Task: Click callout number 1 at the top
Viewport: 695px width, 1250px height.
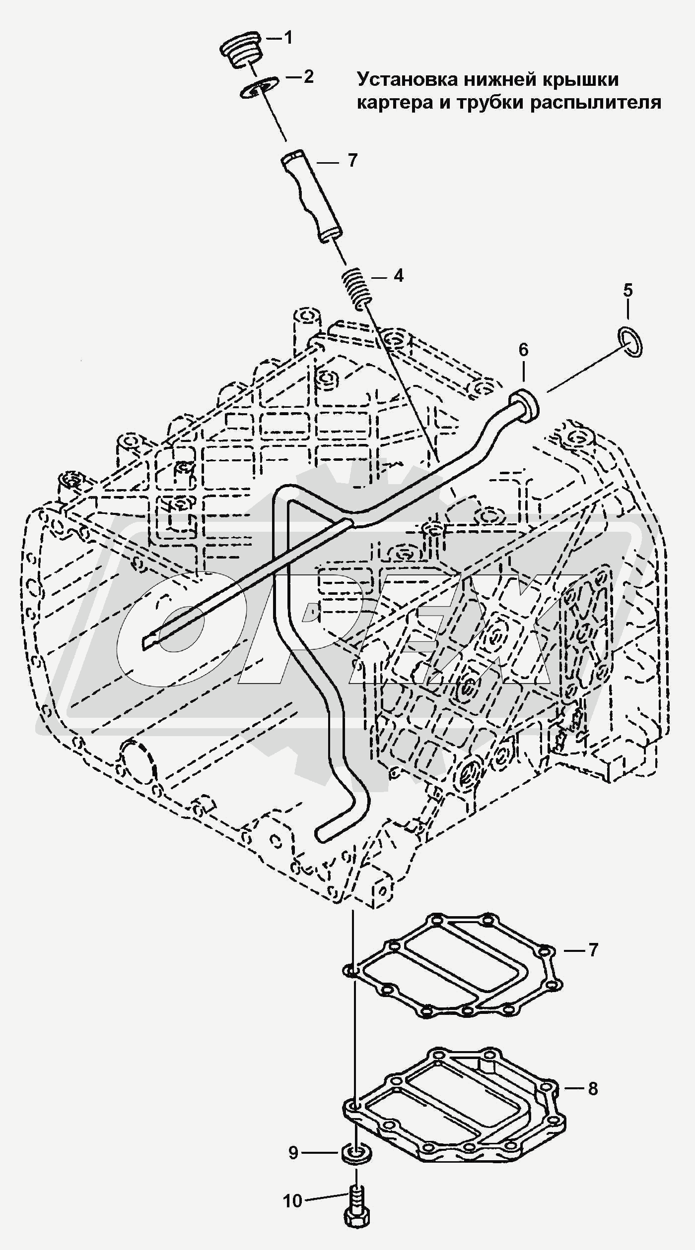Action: coord(288,38)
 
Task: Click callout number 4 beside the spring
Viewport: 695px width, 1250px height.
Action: coord(399,276)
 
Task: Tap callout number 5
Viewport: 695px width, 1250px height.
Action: coord(628,290)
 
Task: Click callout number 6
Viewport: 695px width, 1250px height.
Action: coord(524,350)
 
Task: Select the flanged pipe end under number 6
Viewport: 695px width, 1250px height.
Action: coord(524,403)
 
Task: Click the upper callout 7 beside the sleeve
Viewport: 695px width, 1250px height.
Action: coord(352,161)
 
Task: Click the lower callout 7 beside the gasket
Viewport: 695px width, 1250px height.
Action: coord(593,950)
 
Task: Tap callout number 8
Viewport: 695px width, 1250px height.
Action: coord(593,1089)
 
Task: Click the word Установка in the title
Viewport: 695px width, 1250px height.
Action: coord(408,79)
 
